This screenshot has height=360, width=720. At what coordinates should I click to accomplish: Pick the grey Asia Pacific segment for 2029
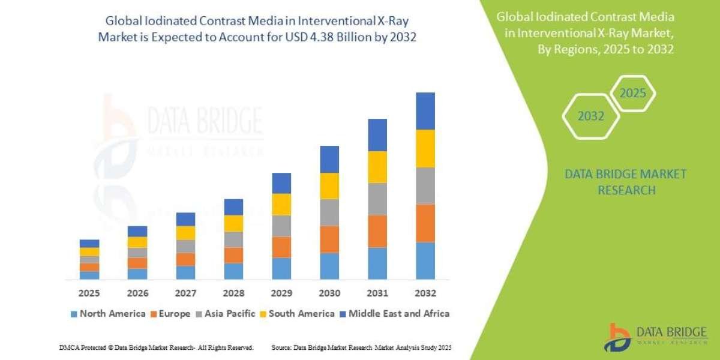(x=281, y=226)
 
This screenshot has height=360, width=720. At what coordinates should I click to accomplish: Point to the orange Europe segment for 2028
(x=233, y=255)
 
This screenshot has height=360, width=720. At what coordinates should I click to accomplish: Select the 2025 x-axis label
(x=89, y=294)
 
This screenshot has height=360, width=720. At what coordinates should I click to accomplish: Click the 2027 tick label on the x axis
(x=185, y=294)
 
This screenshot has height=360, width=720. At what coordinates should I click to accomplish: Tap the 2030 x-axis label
(x=329, y=294)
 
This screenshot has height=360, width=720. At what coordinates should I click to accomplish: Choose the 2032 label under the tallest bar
(x=425, y=294)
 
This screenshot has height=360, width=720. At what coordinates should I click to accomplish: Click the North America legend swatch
(x=74, y=314)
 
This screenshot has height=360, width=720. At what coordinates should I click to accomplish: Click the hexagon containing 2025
(x=632, y=94)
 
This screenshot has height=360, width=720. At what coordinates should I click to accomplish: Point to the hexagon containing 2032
(x=590, y=116)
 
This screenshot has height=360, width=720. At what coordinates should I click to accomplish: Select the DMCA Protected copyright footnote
(x=156, y=347)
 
